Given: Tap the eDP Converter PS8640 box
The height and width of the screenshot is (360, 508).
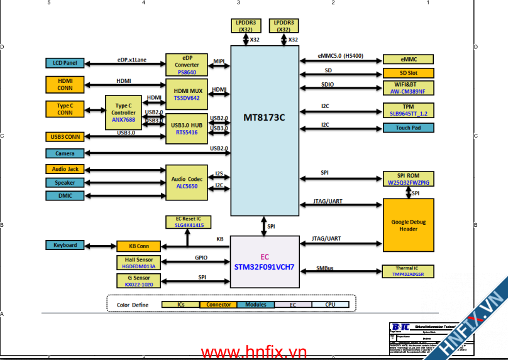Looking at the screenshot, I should (187, 65).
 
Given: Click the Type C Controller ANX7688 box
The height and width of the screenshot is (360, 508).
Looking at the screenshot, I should (123, 112).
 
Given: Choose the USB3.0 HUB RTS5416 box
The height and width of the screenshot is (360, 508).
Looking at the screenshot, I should (187, 128).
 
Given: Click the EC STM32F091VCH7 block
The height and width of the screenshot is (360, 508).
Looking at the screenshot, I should (264, 261).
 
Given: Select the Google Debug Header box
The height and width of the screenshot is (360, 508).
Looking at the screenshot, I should (408, 225).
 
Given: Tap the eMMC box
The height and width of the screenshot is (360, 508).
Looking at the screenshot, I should (408, 60).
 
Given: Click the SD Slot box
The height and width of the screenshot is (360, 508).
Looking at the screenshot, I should (408, 73).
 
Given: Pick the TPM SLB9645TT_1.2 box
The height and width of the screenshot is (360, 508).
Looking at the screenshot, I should (408, 110).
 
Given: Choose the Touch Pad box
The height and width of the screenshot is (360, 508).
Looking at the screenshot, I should (408, 128).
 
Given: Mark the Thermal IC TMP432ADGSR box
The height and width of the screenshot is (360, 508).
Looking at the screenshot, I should (408, 271).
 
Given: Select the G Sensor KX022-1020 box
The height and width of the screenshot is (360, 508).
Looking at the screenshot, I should (139, 281).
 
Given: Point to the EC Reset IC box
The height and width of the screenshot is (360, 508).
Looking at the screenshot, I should (189, 222).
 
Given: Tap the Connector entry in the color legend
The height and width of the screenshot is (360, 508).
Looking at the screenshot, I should (218, 305).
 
